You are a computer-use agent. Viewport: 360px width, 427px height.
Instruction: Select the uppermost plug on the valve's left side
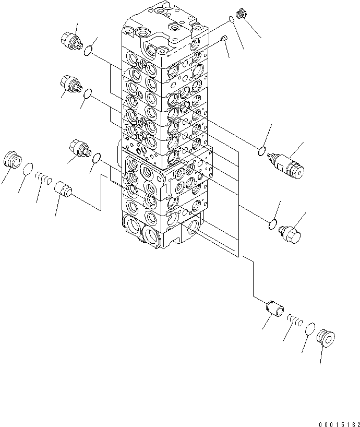click(x=72, y=40)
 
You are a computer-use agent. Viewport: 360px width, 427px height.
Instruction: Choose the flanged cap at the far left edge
click(x=11, y=159)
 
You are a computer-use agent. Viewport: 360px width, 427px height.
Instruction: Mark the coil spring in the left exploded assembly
click(x=44, y=179)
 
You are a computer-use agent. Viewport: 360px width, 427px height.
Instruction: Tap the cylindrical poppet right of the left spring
click(x=64, y=186)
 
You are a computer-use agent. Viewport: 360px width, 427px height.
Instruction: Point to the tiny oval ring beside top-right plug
click(x=231, y=21)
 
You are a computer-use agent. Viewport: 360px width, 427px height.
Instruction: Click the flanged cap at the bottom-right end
click(x=327, y=338)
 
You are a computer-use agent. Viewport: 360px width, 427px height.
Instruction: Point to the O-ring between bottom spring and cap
click(x=310, y=329)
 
